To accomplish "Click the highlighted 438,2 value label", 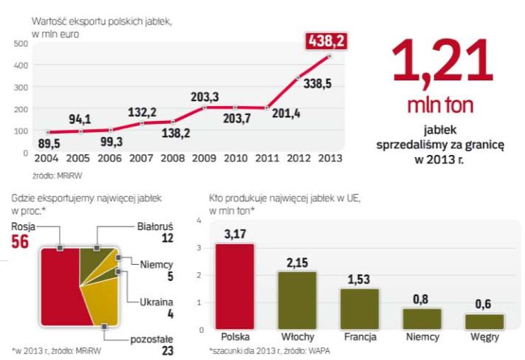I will pyautogui.click(x=329, y=40).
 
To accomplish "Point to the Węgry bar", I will pyautogui.click(x=484, y=321).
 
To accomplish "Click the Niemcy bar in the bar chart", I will pyautogui.click(x=422, y=318).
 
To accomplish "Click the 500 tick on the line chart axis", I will pyautogui.click(x=19, y=44).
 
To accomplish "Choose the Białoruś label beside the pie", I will pyautogui.click(x=156, y=226).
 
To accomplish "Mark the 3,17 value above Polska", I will pyautogui.click(x=233, y=235).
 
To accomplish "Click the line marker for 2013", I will pyautogui.click(x=329, y=56).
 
